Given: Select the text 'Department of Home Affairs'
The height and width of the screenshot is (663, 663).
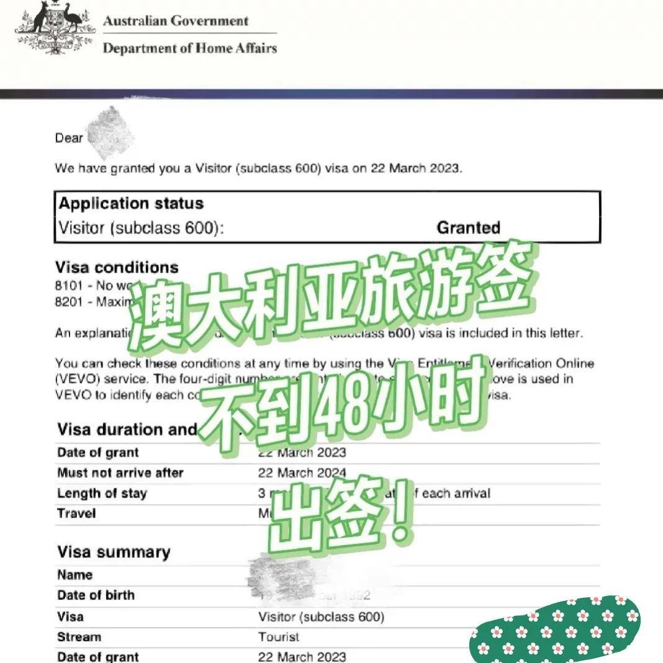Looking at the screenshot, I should point(189,48).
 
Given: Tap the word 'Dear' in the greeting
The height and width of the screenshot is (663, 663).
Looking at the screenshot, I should point(68,138).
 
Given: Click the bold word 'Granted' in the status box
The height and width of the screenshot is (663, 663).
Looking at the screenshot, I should point(468,228).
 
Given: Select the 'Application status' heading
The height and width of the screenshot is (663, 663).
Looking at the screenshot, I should point(131,204).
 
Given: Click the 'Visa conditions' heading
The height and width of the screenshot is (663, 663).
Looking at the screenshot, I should point(117,268).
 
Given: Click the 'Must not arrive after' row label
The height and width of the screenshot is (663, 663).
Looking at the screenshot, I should point(120,473).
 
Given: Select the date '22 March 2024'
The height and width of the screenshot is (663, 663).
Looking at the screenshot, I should point(302,473).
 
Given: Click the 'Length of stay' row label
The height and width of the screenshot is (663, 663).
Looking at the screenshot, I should point(102,494).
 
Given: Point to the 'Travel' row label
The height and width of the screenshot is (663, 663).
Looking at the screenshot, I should point(76,513).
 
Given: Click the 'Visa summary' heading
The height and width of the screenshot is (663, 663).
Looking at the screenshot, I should point(114,552).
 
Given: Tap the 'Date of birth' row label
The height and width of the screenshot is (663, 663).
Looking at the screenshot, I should point(96,595).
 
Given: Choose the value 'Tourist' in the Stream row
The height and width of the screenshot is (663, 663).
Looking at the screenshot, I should point(279,637).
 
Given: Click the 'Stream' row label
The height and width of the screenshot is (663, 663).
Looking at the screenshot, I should point(79,637).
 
